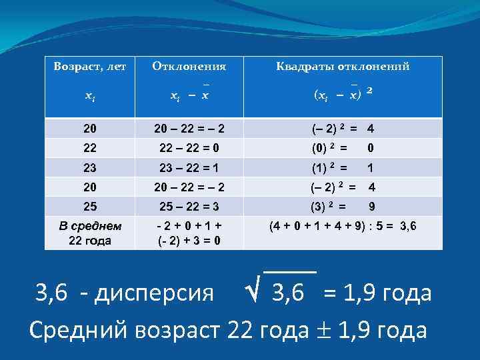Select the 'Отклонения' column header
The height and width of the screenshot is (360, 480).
(189, 67)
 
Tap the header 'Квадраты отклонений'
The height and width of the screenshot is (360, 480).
(343, 67)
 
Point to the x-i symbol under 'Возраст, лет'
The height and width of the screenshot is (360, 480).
(89, 97)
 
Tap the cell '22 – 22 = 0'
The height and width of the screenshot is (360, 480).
(189, 147)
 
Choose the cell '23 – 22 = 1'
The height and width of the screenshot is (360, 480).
(189, 167)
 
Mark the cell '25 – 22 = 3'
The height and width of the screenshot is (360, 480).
(189, 207)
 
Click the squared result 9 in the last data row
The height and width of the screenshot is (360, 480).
(371, 207)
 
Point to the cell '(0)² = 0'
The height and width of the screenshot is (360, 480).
(343, 147)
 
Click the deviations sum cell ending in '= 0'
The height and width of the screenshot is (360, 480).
(189, 233)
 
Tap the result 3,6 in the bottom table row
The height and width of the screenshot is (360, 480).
(407, 226)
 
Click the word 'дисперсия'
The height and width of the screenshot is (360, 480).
(157, 292)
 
